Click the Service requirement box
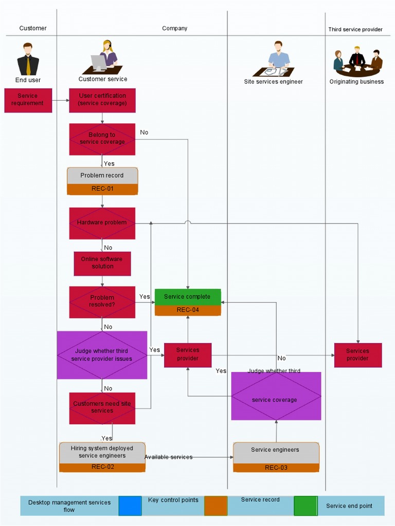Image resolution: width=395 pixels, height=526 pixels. [28, 100]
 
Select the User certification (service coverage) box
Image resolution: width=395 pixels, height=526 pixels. [102, 100]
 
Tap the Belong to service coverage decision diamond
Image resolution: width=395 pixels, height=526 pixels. [102, 139]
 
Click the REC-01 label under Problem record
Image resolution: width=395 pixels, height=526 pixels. [102, 189]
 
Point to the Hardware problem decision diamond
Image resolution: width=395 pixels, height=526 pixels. [102, 223]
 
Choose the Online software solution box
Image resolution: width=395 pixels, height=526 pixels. [102, 263]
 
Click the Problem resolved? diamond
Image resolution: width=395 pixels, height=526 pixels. [102, 302]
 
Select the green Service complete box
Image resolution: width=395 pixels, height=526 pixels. [188, 297]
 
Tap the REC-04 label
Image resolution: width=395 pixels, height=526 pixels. [188, 310]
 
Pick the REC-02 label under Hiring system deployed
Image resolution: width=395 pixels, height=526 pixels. [102, 467]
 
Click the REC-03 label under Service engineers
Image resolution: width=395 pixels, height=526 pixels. [276, 467]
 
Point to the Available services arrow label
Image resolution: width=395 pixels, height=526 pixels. [168, 457]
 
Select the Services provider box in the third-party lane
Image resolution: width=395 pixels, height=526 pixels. [358, 355]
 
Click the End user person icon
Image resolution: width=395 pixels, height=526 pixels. [28, 59]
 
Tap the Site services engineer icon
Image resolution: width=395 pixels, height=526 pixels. [276, 59]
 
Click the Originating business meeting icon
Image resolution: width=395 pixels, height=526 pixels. [357, 62]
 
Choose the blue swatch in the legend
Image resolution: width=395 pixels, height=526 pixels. [130, 505]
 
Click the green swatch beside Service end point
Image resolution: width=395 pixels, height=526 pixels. [306, 505]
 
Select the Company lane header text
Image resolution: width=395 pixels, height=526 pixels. [175, 28]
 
